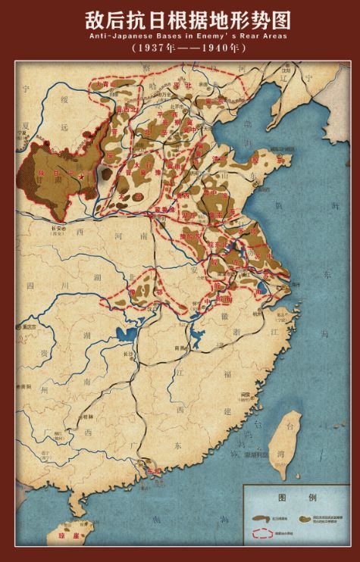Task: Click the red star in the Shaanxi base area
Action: pos(82,176)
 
